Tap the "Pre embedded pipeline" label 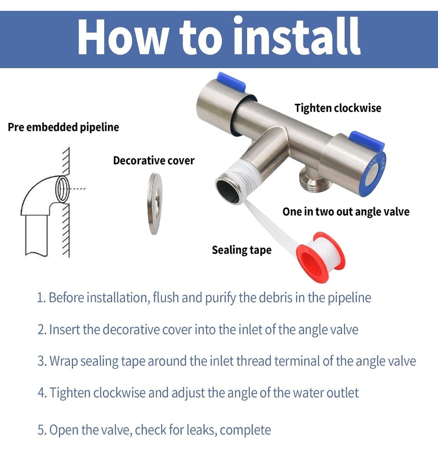click(x=63, y=127)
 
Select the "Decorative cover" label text click(x=154, y=160)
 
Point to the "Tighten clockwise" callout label click(x=338, y=108)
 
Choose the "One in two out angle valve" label click(x=346, y=212)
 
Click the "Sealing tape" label click(x=242, y=250)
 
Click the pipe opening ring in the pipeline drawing click(x=62, y=189)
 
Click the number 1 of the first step click(x=39, y=298)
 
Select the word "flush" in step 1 click(x=166, y=298)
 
